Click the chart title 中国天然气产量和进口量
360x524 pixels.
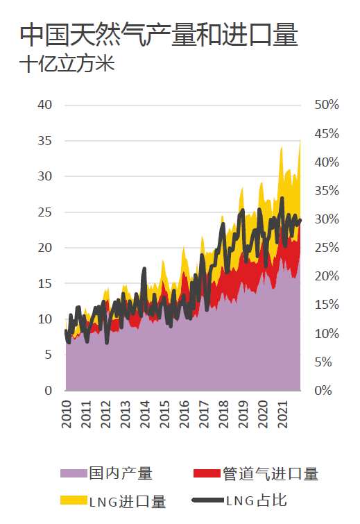pyautogui.click(x=159, y=35)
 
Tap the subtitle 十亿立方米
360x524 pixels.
pyautogui.click(x=67, y=63)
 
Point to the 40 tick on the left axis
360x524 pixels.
pyautogui.click(x=45, y=105)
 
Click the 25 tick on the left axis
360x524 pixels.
pyautogui.click(x=45, y=212)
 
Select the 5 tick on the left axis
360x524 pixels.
pyautogui.click(x=49, y=355)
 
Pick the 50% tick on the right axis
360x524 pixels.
pyautogui.click(x=327, y=105)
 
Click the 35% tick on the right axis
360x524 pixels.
pyautogui.click(x=327, y=191)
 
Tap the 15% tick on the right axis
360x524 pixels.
pyautogui.click(x=327, y=305)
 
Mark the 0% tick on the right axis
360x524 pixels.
pyautogui.click(x=323, y=390)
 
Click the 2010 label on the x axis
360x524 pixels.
pyautogui.click(x=67, y=414)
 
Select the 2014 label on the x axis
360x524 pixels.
pyautogui.click(x=145, y=414)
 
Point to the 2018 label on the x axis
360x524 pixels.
pyautogui.click(x=223, y=414)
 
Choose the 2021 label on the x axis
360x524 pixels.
pyautogui.click(x=282, y=414)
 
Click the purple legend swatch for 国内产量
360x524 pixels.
pyautogui.click(x=74, y=473)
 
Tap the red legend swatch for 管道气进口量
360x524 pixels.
pyautogui.click(x=207, y=473)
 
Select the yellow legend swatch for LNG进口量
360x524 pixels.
pyautogui.click(x=74, y=500)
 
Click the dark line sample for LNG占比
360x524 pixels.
pyautogui.click(x=207, y=500)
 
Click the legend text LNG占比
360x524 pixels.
pyautogui.click(x=257, y=500)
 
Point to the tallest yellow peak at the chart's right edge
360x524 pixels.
pyautogui.click(x=300, y=141)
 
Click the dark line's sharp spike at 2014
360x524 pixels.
pyautogui.click(x=144, y=269)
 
